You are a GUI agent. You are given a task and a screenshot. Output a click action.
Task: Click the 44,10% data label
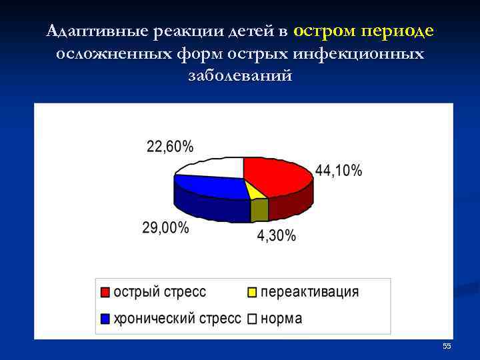pyautogui.click(x=339, y=171)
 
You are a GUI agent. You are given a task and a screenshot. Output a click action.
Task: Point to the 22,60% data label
pyautogui.click(x=170, y=147)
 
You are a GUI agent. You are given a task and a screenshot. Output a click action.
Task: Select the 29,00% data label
pyautogui.click(x=165, y=228)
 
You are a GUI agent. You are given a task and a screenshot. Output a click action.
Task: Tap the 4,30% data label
pyautogui.click(x=277, y=237)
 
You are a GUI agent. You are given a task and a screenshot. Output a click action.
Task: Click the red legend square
pyautogui.click(x=106, y=293)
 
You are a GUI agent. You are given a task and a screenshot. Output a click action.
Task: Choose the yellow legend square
pyautogui.click(x=252, y=293)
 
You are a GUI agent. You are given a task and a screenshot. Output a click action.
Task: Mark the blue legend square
pyautogui.click(x=106, y=319)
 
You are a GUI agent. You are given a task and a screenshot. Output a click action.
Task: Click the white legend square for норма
pyautogui.click(x=252, y=319)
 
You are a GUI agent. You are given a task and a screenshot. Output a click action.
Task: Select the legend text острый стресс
pyautogui.click(x=160, y=292)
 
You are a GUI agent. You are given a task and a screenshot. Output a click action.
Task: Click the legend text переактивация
pyautogui.click(x=309, y=292)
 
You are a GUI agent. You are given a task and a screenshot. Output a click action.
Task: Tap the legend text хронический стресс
pyautogui.click(x=177, y=318)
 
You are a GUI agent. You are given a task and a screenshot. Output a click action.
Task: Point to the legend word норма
pyautogui.click(x=281, y=318)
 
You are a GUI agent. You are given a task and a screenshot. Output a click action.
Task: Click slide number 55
pyautogui.click(x=447, y=346)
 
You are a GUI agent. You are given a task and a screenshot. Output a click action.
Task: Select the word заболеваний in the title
pyautogui.click(x=240, y=75)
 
